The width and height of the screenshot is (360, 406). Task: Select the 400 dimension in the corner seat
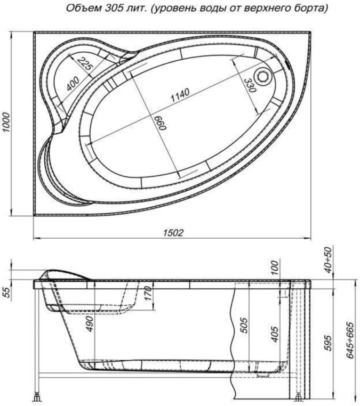tap(73, 84)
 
